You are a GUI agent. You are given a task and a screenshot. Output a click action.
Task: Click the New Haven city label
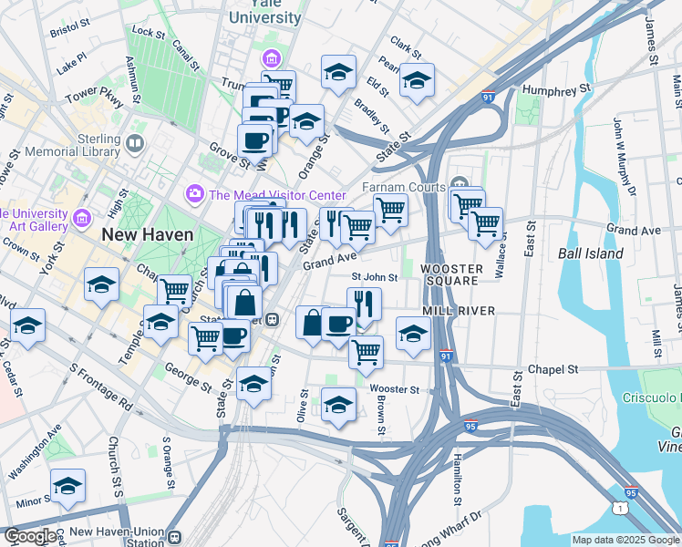(147, 234)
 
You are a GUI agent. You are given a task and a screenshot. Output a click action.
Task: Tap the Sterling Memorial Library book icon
(135, 143)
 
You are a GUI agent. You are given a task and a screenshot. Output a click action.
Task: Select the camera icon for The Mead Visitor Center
(194, 194)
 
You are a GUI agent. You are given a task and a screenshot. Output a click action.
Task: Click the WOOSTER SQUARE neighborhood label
(450, 274)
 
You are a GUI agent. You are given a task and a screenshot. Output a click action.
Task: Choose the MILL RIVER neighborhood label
(459, 311)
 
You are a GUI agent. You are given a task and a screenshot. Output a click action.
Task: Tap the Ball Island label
(590, 253)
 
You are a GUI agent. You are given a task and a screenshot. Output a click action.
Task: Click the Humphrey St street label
(558, 91)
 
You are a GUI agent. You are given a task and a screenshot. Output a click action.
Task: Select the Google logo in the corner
(30, 536)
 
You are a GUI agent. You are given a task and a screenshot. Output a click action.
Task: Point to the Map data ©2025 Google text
(625, 540)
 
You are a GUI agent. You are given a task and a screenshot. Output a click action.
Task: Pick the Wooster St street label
(395, 389)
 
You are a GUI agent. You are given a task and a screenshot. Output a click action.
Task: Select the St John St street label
(375, 278)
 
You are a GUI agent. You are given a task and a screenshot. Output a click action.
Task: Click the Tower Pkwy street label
(93, 94)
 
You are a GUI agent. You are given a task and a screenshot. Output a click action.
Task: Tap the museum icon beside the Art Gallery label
(82, 219)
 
